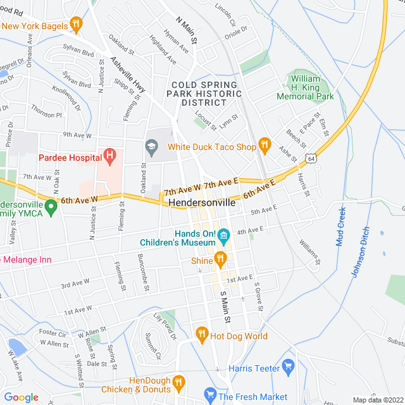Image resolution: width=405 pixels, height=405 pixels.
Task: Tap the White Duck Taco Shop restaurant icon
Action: [x=265, y=147]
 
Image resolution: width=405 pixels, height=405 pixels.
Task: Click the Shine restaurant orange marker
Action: [x=220, y=258]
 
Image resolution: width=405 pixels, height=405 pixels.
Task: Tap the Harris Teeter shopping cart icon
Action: [x=289, y=365]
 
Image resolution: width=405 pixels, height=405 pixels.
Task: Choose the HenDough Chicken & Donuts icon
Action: [x=178, y=382]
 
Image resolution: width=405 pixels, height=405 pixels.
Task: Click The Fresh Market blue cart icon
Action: [x=211, y=396]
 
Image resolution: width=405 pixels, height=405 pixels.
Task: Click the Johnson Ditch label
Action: [x=360, y=252]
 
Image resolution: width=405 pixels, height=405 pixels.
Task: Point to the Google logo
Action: [x=21, y=397]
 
